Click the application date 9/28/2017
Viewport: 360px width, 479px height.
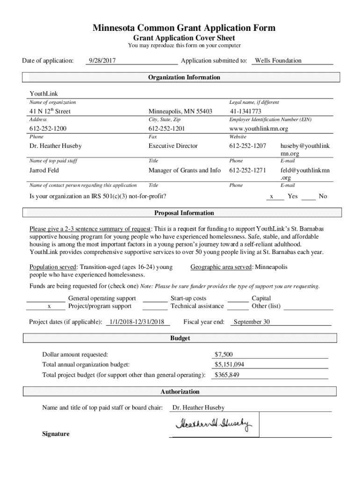[x=102, y=60]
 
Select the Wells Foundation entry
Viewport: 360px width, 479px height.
[x=278, y=60]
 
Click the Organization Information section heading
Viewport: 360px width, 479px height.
[x=184, y=77]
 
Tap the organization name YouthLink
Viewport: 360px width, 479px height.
[x=44, y=94]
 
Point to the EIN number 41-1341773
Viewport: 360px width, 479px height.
[x=245, y=111]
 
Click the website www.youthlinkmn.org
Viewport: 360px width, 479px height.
[x=259, y=129]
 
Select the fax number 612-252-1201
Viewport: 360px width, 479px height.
[x=166, y=129]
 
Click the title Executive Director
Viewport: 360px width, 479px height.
[x=173, y=146]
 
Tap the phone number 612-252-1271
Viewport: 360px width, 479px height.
[x=247, y=170]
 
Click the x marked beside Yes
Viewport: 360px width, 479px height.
[x=272, y=197]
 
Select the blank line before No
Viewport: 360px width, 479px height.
[x=308, y=198]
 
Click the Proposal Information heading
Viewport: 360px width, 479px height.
[x=184, y=213]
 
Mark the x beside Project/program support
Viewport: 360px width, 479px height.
[x=49, y=306]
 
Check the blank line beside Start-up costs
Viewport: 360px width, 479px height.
[x=155, y=299]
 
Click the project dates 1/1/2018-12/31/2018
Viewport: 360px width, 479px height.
[x=137, y=322]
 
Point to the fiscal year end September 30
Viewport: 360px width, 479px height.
[x=252, y=322]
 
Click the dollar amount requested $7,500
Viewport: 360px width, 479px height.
[x=223, y=354]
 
